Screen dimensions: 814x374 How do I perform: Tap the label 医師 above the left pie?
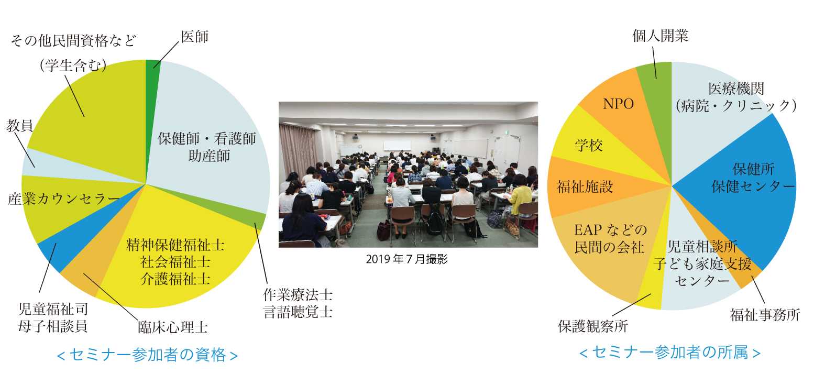[x=195, y=37]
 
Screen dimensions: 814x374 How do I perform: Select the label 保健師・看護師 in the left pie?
[x=207, y=138]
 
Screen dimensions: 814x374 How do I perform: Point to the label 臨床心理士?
[x=173, y=327]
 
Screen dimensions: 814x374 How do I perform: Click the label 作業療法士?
[x=298, y=295]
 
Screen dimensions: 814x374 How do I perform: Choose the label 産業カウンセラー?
[x=63, y=199]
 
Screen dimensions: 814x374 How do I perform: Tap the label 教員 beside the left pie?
[x=19, y=126]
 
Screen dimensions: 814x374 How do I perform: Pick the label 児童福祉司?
[x=53, y=309]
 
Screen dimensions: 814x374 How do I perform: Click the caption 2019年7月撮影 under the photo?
[x=406, y=259]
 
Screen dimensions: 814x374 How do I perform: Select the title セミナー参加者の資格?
[x=148, y=355]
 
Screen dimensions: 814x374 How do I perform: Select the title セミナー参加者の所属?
[x=670, y=353]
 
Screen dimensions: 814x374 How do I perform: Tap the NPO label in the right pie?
[x=619, y=104]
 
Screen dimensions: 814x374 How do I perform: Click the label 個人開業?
[x=661, y=36]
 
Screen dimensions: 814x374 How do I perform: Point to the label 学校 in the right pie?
[x=589, y=146]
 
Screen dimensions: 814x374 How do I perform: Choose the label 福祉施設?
[x=585, y=187]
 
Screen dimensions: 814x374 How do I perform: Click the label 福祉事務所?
[x=765, y=315]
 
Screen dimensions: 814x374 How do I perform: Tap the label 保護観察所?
[x=593, y=326]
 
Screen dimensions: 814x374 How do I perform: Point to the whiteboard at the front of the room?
[x=397, y=146]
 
